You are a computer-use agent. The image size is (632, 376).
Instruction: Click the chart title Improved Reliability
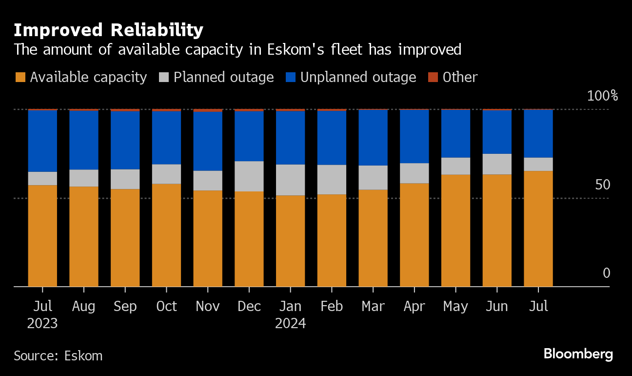pos(108,30)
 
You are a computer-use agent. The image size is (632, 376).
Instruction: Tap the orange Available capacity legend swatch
pos(20,77)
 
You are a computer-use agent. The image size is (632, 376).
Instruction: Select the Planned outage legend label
pos(224,77)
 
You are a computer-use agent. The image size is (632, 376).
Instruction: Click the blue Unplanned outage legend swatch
pos(291,77)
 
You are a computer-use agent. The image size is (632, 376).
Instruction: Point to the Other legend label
pos(460,77)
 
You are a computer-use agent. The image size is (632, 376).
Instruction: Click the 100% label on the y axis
pos(602,96)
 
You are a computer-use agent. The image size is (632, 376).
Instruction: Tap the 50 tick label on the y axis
pos(603,185)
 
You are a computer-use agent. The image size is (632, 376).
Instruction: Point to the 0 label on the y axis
pos(606,273)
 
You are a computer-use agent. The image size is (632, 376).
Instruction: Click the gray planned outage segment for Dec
pos(249,176)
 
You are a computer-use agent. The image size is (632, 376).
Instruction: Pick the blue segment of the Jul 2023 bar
pos(42,141)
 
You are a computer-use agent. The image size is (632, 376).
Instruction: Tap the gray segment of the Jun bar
pos(497,164)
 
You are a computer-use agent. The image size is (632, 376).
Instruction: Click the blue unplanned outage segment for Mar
pos(373,138)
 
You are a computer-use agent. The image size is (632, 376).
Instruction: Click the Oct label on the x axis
pos(167,307)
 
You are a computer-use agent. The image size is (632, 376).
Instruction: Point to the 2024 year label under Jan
pos(291,323)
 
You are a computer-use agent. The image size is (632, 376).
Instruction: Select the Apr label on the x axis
pos(415,307)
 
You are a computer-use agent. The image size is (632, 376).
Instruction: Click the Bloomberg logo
pos(578,354)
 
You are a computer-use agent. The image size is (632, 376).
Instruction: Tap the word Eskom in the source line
pos(83,356)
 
